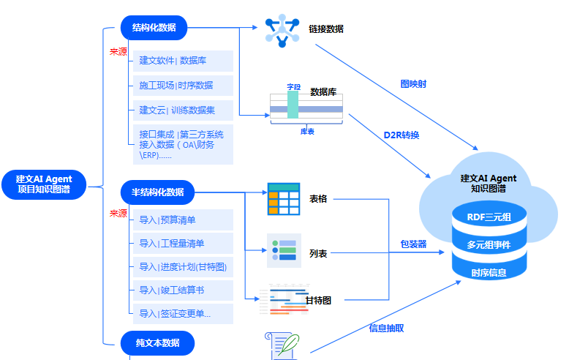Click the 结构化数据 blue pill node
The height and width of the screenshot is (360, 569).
coord(154,28)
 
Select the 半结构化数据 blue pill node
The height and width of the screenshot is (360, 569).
coord(157,192)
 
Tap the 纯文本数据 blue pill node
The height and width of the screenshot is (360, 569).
coord(157,343)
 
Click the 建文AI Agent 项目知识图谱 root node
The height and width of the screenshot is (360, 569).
coord(44,184)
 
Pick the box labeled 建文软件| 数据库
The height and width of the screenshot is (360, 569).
coord(183,61)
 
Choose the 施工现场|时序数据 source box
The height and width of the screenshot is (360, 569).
coord(183,86)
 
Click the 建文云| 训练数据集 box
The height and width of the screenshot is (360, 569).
coord(183,110)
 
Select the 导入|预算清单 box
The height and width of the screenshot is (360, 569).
coord(183,220)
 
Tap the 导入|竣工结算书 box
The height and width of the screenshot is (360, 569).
coord(183,290)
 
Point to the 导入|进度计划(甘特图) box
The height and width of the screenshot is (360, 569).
coord(183,267)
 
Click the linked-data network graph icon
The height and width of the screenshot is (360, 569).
coord(282,31)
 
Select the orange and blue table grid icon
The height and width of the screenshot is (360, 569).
coord(284,199)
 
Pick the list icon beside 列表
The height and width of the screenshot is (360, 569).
coord(284,250)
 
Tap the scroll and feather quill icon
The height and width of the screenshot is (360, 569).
coord(283,346)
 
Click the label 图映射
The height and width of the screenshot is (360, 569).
coord(413,84)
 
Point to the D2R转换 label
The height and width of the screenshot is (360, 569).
coord(402,135)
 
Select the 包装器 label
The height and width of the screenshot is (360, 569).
coord(413,244)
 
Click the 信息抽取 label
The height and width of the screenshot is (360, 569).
coord(386,329)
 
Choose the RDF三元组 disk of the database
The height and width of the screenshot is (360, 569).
coord(489,214)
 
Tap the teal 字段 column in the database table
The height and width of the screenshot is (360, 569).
coord(293,105)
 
